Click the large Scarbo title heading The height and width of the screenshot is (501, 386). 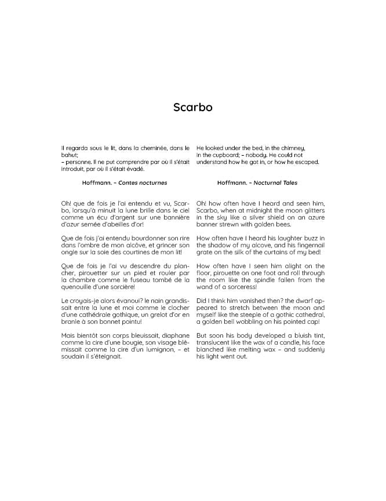193,107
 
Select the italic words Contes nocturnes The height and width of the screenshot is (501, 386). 142,182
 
